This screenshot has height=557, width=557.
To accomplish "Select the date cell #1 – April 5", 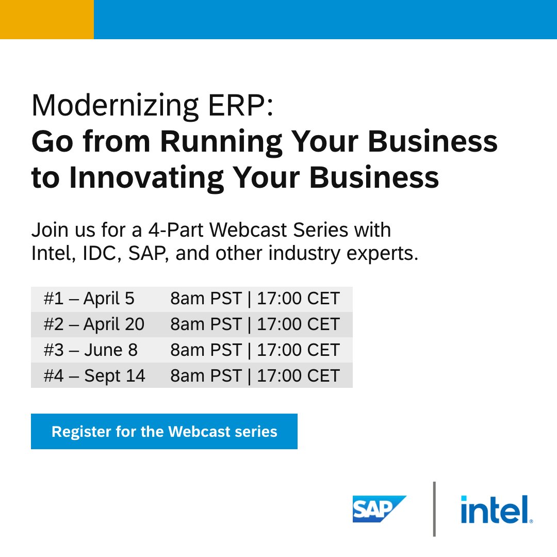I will pyautogui.click(x=89, y=299).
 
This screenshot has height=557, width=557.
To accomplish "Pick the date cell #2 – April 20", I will pyautogui.click(x=94, y=324).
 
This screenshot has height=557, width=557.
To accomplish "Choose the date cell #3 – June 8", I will pyautogui.click(x=90, y=350).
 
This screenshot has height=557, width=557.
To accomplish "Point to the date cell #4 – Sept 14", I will pyautogui.click(x=94, y=375).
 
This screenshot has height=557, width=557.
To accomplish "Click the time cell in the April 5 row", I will pyautogui.click(x=255, y=299).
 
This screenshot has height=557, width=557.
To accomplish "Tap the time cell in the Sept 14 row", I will pyautogui.click(x=255, y=375).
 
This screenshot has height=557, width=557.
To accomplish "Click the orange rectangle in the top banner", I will pyautogui.click(x=46, y=19).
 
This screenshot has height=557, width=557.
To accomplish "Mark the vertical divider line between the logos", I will pyautogui.click(x=434, y=509).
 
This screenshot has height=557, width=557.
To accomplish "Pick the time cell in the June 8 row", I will pyautogui.click(x=255, y=350).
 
